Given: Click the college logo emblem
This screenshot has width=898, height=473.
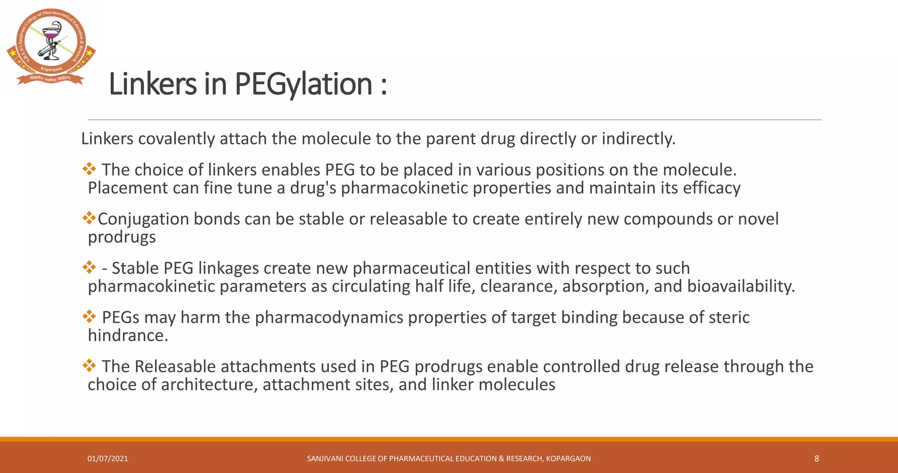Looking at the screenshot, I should tap(51, 46).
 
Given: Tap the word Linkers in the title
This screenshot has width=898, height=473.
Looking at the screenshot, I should tap(152, 84).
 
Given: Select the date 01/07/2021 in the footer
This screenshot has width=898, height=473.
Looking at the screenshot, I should tap(108, 459).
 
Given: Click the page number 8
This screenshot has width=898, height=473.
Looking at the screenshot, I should tap(816, 459).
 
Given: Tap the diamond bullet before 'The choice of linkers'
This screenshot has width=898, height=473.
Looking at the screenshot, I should tap(89, 169).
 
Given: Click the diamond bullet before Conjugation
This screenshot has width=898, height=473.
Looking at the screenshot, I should tap(89, 218).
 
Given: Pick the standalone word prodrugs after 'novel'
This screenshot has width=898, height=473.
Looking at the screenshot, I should tap(121, 237).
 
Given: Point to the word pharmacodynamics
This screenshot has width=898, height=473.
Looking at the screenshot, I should tap(329, 317).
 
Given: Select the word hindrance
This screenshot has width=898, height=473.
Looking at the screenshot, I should tap(128, 336).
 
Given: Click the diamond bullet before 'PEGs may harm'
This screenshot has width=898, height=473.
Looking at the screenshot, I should tap(89, 316).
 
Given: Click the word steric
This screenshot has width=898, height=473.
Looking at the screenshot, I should tap(726, 317).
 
